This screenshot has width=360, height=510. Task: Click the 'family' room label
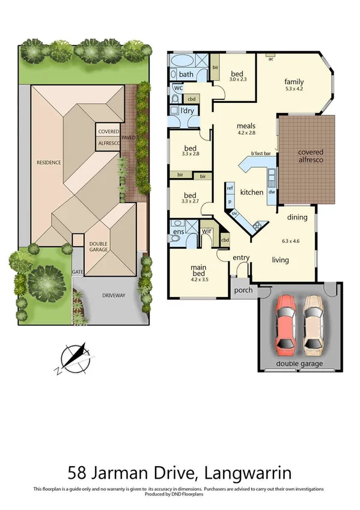(x=294, y=82)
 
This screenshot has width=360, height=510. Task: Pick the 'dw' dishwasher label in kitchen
(x=272, y=192)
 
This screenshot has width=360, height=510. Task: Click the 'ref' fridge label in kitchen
(x=230, y=188)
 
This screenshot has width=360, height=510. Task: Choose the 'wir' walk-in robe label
(x=207, y=231)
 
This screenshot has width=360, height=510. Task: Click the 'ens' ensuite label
(x=178, y=230)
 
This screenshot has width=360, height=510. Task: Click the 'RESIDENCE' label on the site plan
(x=49, y=162)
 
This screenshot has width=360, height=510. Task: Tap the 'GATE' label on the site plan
(x=78, y=272)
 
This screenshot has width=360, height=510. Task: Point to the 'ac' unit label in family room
(x=271, y=59)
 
